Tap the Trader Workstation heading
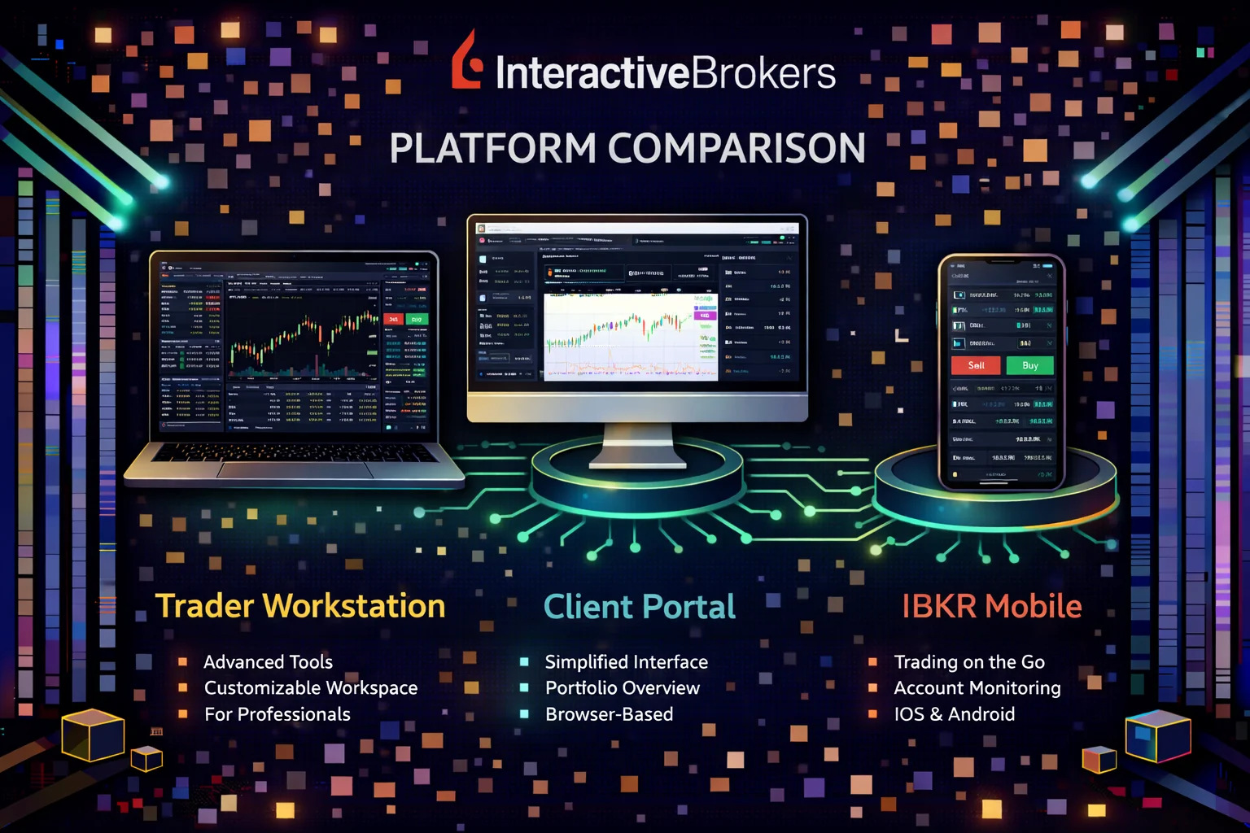click(x=300, y=606)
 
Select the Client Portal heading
click(x=639, y=607)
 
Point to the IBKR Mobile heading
click(x=991, y=606)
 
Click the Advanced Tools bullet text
click(x=268, y=662)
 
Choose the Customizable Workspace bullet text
click(x=310, y=688)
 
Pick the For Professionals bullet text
click(x=277, y=714)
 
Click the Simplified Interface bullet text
click(x=626, y=662)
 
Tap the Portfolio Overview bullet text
click(x=622, y=688)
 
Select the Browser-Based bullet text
click(x=609, y=714)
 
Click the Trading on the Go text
click(x=968, y=662)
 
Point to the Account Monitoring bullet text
click(x=977, y=688)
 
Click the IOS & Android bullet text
click(x=954, y=714)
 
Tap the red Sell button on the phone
click(x=976, y=366)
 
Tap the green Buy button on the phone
click(x=1029, y=366)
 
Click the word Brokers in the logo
click(x=763, y=74)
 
